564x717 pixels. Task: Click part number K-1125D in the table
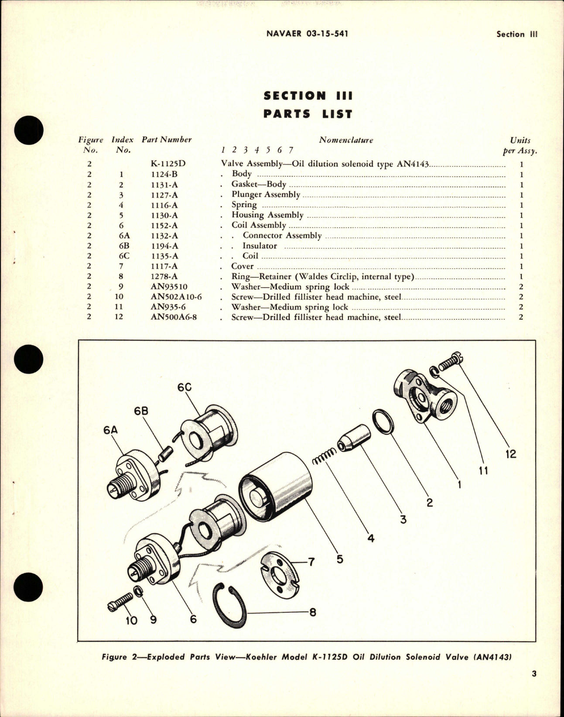pyautogui.click(x=168, y=164)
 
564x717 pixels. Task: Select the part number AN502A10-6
pyautogui.click(x=176, y=297)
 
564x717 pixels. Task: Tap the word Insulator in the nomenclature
pyautogui.click(x=260, y=246)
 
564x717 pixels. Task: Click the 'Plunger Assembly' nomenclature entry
pyautogui.click(x=266, y=195)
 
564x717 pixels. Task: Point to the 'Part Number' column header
pyautogui.click(x=167, y=140)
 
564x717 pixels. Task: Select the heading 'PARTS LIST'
pyautogui.click(x=308, y=114)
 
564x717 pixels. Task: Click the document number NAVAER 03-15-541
pyautogui.click(x=307, y=34)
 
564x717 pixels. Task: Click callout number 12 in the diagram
pyautogui.click(x=510, y=454)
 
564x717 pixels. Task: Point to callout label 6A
pyautogui.click(x=111, y=430)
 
